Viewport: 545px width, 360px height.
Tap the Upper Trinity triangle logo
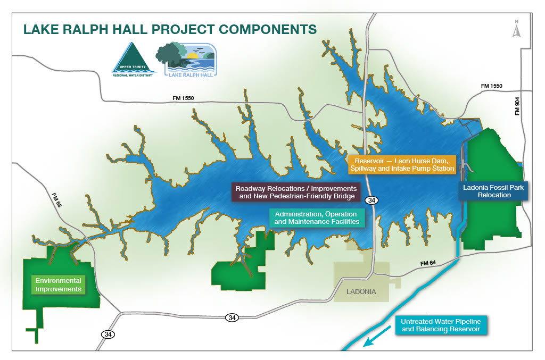[133, 60]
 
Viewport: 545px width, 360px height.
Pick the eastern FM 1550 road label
[491, 86]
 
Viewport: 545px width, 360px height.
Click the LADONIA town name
[361, 292]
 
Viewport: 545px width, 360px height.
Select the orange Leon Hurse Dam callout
[402, 164]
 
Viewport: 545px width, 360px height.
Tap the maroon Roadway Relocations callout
[296, 192]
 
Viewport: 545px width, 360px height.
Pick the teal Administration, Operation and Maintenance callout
[317, 217]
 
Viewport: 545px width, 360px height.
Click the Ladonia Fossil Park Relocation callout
[494, 191]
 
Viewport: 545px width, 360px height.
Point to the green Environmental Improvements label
[59, 285]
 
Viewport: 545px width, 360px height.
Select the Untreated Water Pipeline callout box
[442, 325]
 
